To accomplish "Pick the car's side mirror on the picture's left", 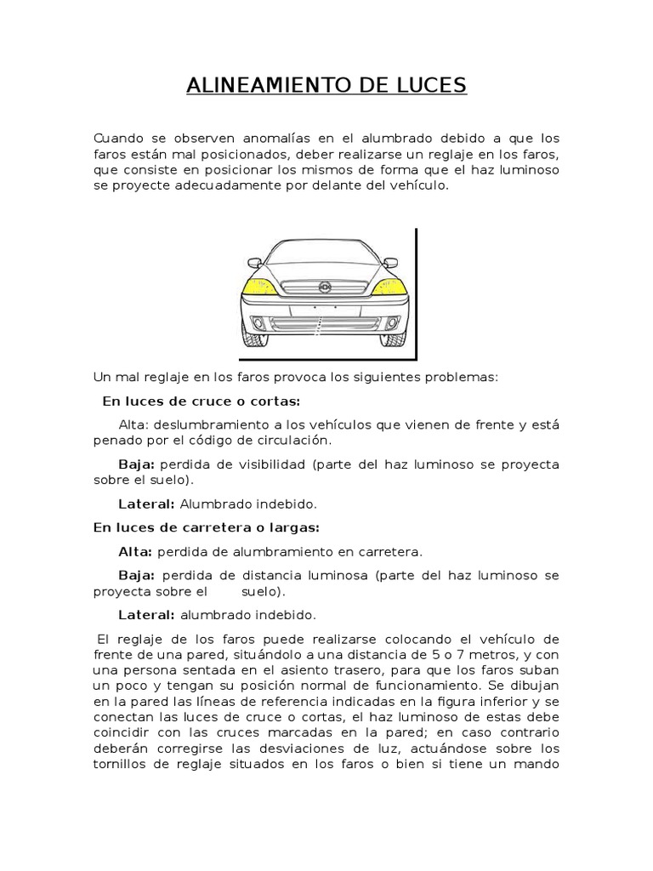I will (x=253, y=263).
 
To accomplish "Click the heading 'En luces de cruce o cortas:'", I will (x=202, y=401).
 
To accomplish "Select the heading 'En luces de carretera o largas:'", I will (x=206, y=527).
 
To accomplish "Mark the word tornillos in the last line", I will (x=122, y=764).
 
